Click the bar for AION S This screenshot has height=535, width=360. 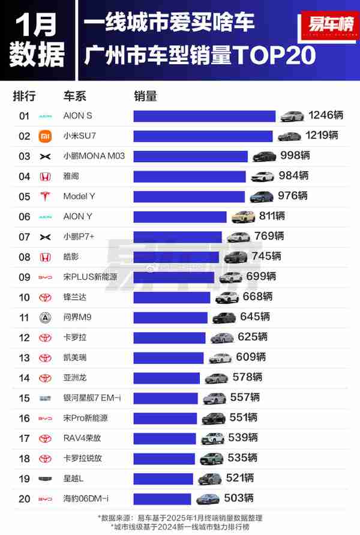click(x=204, y=116)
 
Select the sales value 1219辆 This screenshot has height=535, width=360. click(x=321, y=136)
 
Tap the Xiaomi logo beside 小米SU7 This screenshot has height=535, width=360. click(x=45, y=136)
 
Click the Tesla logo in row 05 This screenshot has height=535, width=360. click(x=45, y=196)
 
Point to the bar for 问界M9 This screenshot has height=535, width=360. click(x=170, y=317)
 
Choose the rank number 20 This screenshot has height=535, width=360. click(x=24, y=498)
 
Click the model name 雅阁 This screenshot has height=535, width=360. click(x=71, y=177)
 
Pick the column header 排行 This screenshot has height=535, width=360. click(x=24, y=96)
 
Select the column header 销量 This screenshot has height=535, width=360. click(x=145, y=96)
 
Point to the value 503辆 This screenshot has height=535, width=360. click(x=238, y=498)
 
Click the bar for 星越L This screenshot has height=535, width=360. click(x=163, y=479)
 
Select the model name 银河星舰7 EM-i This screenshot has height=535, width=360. click(x=92, y=398)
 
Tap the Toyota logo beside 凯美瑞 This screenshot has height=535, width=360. click(x=45, y=358)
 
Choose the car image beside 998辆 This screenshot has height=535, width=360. click(x=264, y=156)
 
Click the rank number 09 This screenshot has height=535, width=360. click(x=24, y=277)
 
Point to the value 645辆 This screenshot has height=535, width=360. click(x=254, y=317)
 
